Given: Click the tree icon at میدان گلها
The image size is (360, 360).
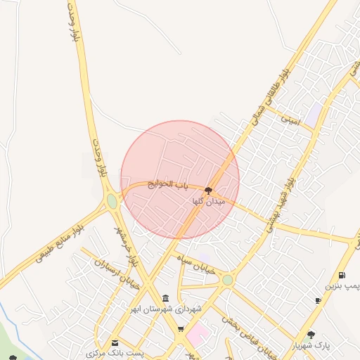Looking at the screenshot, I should (x=208, y=190).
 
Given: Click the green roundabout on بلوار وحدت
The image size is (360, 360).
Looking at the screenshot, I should (x=112, y=202).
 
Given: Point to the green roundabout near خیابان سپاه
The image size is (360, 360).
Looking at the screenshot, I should (x=227, y=280).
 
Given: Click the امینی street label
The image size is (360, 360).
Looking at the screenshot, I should (x=290, y=120).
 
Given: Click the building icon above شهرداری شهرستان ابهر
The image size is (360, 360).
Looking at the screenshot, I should (x=165, y=298).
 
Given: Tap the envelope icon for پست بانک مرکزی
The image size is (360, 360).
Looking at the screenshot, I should (x=115, y=342).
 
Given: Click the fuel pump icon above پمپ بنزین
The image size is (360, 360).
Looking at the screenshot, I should (x=341, y=275).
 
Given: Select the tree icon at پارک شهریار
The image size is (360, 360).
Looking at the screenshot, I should (x=311, y=335).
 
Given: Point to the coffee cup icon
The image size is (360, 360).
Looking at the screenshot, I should (x=319, y=301).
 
